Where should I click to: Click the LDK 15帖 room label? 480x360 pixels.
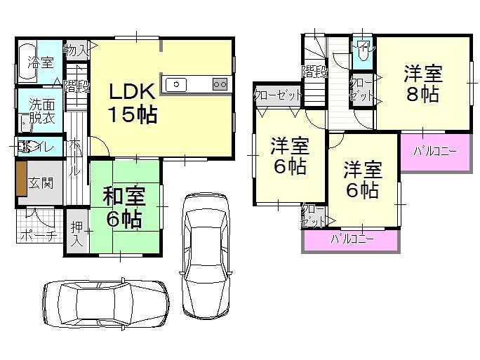pos(131,102)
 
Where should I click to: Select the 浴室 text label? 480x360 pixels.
pos(41,62)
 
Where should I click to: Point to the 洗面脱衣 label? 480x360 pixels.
pos(40,110)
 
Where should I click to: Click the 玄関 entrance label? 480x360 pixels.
pos(40,184)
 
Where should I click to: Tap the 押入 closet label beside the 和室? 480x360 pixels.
pos(76,235)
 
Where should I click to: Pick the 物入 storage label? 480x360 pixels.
pos(75,50)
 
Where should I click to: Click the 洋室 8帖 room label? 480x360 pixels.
pos(421,84)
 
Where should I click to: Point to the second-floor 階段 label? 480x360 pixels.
pos(316,70)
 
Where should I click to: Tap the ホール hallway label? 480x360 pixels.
pos(76,158)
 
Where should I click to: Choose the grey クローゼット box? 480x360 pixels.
pos(278,95)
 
